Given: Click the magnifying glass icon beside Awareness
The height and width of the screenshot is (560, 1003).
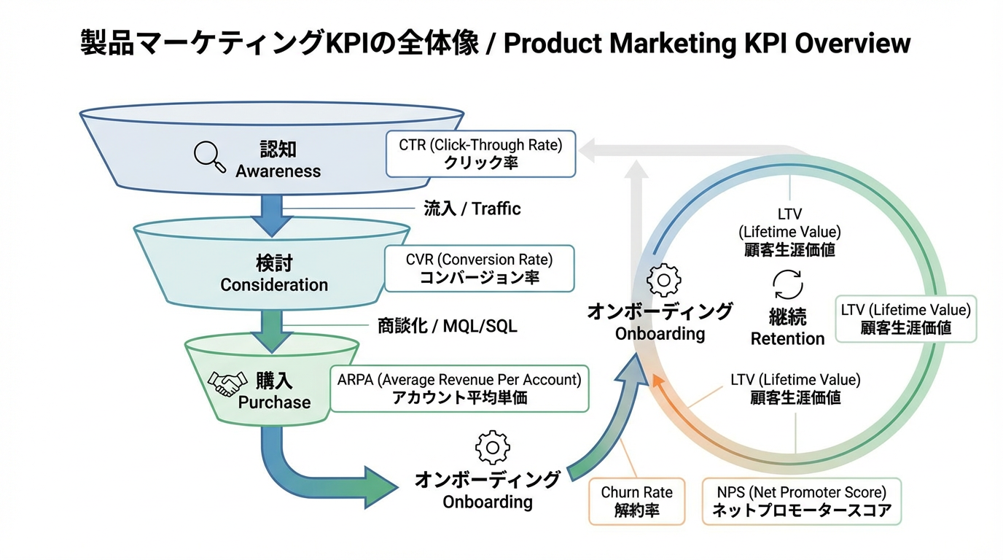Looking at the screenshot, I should pos(209,157).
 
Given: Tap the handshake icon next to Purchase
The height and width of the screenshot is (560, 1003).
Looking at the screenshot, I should pos(227,383).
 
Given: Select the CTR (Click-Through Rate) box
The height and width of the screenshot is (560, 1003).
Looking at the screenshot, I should pos(480,153).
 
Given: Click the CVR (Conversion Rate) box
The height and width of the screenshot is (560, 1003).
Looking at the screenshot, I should pos(479,268).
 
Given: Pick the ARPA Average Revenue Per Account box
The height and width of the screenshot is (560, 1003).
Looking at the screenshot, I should pos(459,388).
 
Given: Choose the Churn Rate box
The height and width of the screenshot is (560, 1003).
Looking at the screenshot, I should pos(636,501).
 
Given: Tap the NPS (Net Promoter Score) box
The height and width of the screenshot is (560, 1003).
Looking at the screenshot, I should pos(801,501).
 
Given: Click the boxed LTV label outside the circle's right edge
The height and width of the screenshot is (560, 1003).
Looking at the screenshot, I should pos(905,319).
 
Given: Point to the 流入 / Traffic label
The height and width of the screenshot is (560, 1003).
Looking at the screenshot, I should pos(472,209).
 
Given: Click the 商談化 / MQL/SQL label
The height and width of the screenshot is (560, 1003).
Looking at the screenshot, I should pos(447,325).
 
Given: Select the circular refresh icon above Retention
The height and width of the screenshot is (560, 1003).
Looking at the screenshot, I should pos(788,285).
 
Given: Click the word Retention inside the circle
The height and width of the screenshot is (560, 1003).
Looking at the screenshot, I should pos(787,338).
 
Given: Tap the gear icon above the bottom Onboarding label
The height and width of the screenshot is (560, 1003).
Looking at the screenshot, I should pos(492,447).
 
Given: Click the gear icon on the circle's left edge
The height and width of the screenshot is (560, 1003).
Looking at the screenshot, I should pos(664,280).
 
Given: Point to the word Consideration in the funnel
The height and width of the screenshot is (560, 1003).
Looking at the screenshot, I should pos(274,284).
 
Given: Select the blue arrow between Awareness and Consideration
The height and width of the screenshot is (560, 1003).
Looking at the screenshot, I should pos(271,215).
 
